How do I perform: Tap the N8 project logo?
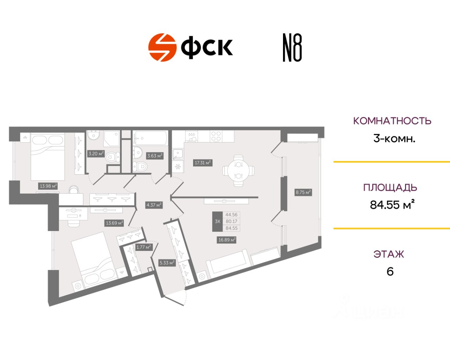[292, 48]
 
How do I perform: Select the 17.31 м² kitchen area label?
[202, 163]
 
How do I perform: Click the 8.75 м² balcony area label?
[303, 192]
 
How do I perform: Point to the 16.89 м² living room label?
[227, 240]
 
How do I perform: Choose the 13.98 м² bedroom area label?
[48, 186]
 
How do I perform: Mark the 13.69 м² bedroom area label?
[114, 223]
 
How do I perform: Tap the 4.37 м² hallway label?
[154, 205]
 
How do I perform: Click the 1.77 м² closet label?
[143, 247]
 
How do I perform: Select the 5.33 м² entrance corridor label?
[167, 263]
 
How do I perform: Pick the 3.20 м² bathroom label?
[96, 154]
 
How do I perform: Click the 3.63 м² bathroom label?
[154, 156]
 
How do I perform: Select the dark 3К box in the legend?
[217, 221]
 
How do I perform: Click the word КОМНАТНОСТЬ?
[392, 121]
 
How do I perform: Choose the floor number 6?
[390, 272]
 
